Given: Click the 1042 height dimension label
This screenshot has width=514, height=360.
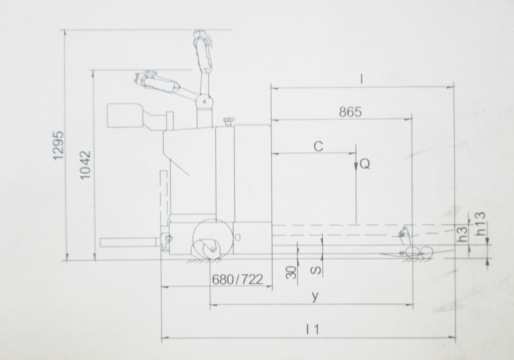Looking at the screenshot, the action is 85,165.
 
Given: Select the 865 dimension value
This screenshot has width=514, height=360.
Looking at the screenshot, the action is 350,112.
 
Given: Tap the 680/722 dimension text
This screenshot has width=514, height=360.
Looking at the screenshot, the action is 237,279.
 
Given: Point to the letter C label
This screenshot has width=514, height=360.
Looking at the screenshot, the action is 318,146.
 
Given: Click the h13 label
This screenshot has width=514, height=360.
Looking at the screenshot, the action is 480,223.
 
